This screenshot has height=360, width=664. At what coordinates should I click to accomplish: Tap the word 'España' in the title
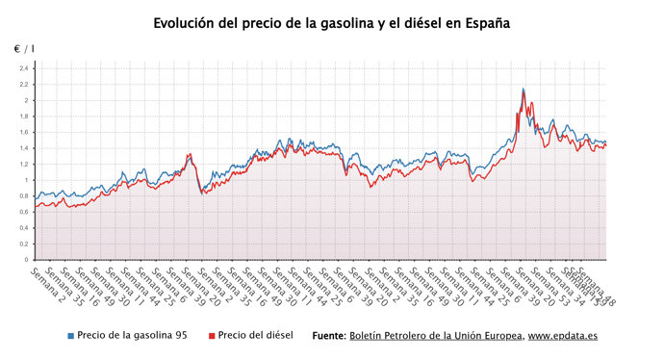pyautogui.click(x=483, y=22)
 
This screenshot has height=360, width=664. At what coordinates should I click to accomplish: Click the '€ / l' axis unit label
pyautogui.click(x=23, y=48)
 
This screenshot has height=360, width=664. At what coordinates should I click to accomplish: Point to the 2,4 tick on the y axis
pyautogui.click(x=23, y=68)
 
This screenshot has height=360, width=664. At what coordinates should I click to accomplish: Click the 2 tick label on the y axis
pyautogui.click(x=26, y=100)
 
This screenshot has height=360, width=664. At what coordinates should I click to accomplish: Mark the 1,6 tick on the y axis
pyautogui.click(x=23, y=132)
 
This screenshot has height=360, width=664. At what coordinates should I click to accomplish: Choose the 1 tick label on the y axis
pyautogui.click(x=26, y=180)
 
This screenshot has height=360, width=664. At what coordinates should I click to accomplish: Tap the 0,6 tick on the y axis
pyautogui.click(x=23, y=212)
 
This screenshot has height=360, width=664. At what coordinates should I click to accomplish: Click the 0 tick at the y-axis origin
pyautogui.click(x=26, y=260)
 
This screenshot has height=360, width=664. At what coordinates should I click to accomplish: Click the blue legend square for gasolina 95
pyautogui.click(x=71, y=336)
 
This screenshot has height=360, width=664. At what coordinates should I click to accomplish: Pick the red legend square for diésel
pyautogui.click(x=211, y=336)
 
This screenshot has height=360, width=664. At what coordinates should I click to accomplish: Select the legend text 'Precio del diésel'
pyautogui.click(x=255, y=336)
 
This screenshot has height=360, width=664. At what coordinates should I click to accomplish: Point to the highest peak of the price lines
pyautogui.click(x=523, y=90)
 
